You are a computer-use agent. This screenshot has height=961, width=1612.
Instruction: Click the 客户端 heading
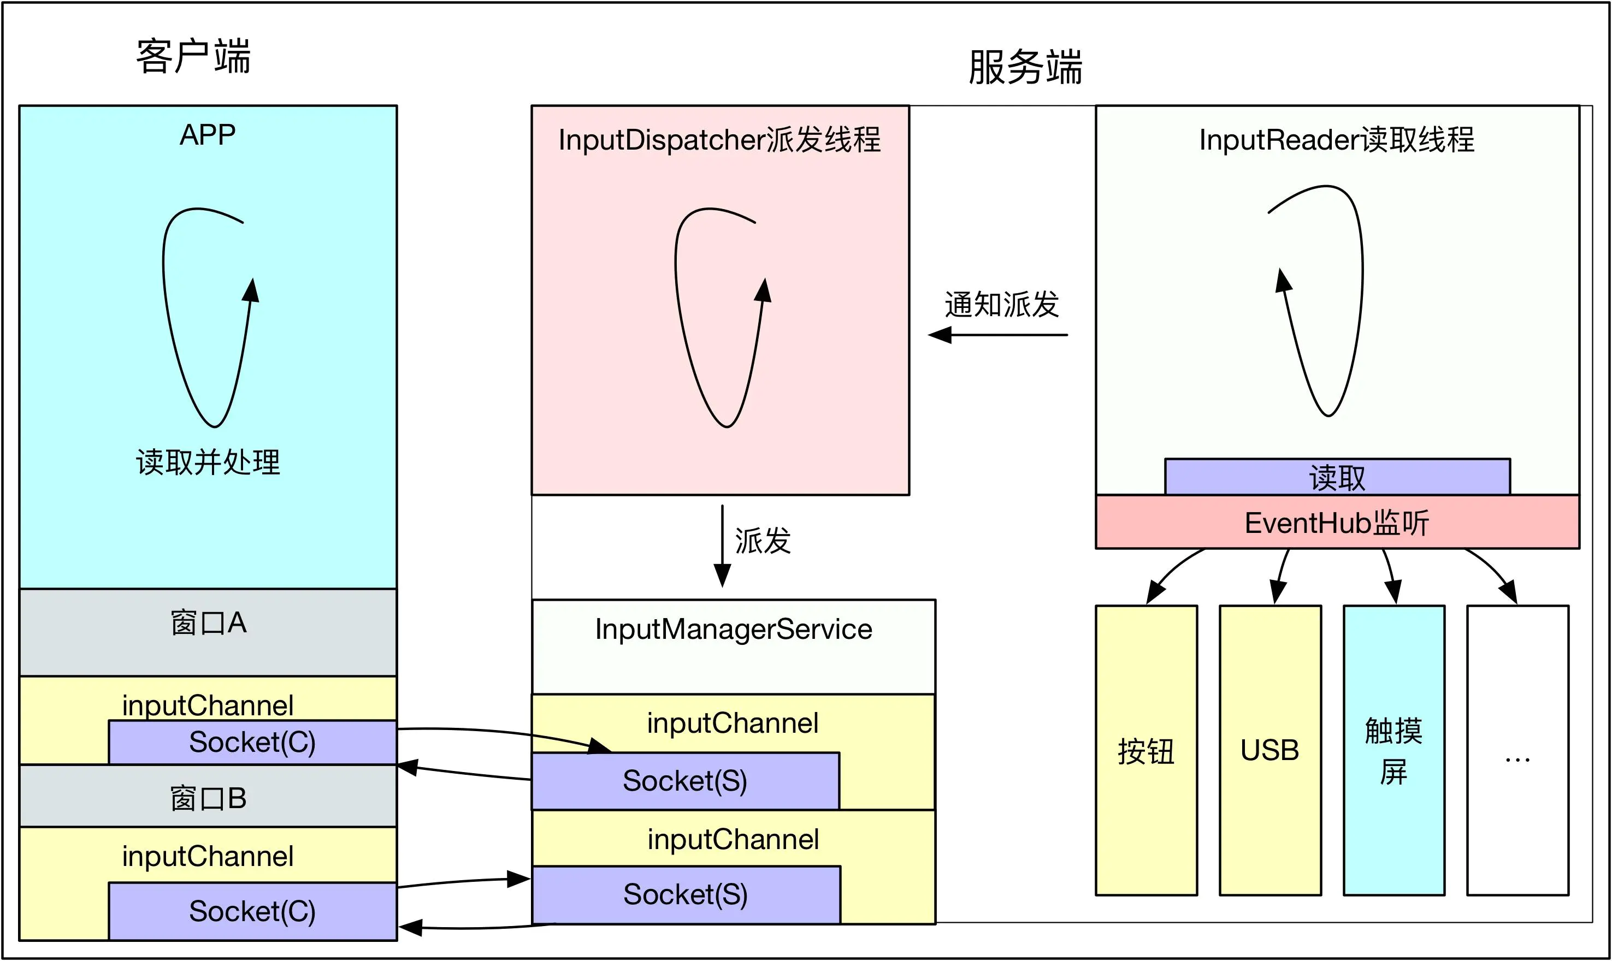click(x=193, y=57)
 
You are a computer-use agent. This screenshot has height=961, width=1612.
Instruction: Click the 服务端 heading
click(x=1025, y=67)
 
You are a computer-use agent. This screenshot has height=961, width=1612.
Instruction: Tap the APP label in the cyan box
click(x=207, y=135)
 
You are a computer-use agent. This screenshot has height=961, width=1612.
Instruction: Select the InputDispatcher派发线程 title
click(x=719, y=140)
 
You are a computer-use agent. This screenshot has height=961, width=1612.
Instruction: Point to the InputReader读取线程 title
click(x=1336, y=140)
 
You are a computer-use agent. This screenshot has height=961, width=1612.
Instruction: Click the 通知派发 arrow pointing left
click(x=997, y=335)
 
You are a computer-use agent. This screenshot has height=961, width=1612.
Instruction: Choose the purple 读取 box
click(x=1337, y=477)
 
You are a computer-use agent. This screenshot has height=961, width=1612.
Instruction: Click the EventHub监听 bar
click(x=1337, y=522)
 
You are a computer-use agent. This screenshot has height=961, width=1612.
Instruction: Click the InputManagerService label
click(x=733, y=630)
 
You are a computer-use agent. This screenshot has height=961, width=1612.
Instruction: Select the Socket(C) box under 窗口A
click(x=252, y=742)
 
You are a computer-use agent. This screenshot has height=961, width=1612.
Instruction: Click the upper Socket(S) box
click(x=684, y=781)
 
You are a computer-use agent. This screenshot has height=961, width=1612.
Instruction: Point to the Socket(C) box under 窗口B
click(x=252, y=911)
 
